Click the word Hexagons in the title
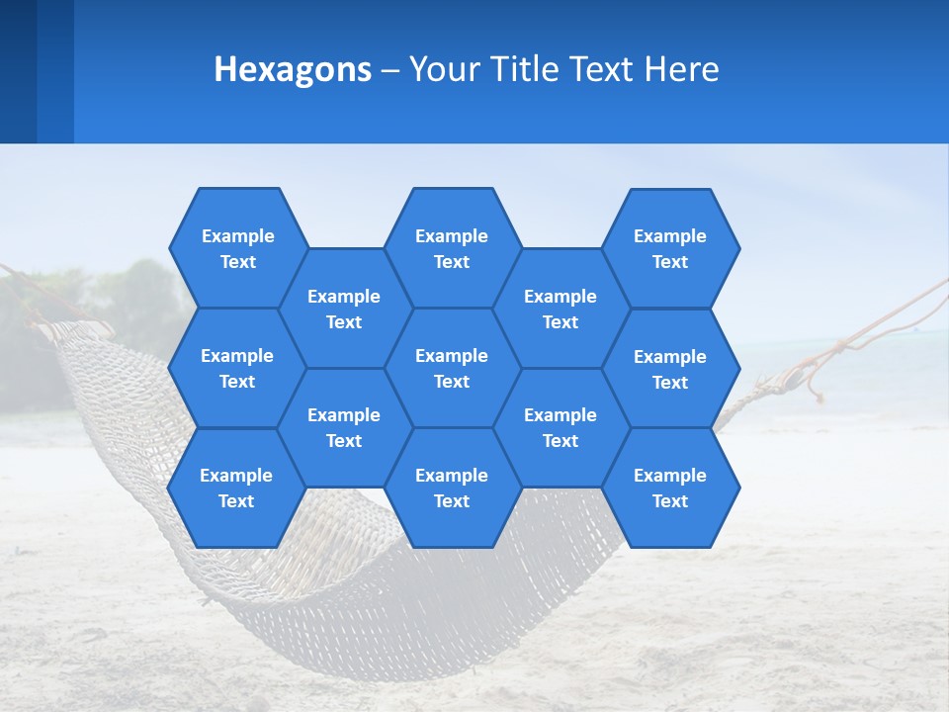[293, 69]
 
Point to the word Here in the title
[682, 69]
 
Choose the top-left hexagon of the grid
[237, 248]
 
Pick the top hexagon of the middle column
[452, 248]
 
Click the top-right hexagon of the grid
[670, 248]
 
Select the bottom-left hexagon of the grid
[236, 488]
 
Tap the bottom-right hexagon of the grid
[670, 488]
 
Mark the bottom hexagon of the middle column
[452, 488]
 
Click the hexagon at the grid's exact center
[452, 368]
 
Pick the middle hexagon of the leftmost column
[237, 368]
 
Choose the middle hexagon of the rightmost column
[670, 369]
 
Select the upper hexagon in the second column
[344, 309]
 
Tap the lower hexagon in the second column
[344, 427]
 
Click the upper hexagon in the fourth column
[561, 309]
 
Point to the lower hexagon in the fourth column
[561, 427]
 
